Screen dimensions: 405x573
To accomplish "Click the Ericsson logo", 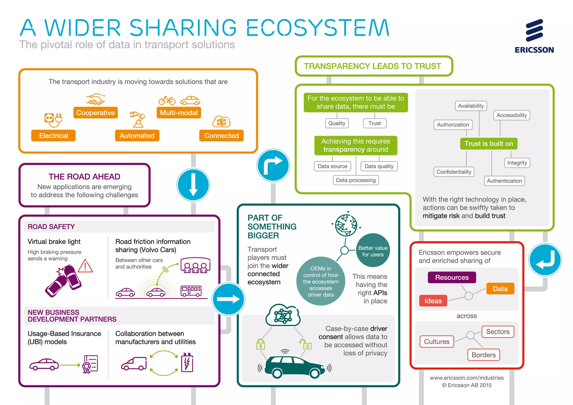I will (534, 36).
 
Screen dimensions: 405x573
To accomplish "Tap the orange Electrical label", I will (53, 136).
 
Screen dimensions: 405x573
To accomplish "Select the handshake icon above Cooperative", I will (95, 99).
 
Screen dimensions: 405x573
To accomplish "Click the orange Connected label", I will (221, 136).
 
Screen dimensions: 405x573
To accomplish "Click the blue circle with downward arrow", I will (193, 185).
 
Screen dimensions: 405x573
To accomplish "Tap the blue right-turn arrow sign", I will (273, 165).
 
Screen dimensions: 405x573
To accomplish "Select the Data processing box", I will (356, 180).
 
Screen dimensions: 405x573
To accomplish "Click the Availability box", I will (471, 106).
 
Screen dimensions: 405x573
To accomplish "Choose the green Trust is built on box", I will (489, 144).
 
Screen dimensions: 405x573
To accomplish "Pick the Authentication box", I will (504, 181).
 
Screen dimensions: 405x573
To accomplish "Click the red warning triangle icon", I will (85, 266).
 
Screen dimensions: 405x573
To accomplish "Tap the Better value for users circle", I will (373, 251).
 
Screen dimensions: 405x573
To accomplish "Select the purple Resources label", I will (452, 277).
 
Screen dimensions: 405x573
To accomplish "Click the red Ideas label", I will (433, 301).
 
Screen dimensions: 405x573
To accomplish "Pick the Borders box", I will (483, 355).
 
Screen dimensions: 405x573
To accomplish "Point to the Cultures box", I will (436, 342).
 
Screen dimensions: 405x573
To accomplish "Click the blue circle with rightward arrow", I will (228, 299).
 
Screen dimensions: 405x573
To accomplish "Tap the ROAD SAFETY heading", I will (51, 227).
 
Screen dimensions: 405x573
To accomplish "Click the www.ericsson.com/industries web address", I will (467, 378).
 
